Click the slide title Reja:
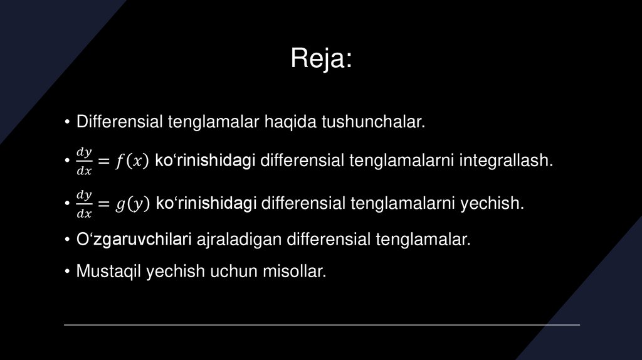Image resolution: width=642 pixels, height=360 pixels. (321, 59)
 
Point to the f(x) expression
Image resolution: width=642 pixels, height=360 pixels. (132, 161)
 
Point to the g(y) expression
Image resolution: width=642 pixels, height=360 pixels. (132, 204)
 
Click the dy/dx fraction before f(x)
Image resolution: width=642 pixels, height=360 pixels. (84, 161)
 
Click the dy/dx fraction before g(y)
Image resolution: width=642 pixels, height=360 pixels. (84, 204)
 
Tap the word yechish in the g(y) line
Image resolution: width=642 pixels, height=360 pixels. (491, 204)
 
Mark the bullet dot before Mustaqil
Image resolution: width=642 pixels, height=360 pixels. (66, 272)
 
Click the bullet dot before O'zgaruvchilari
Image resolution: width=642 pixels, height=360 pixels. (66, 240)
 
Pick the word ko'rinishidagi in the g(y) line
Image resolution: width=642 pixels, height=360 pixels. (206, 204)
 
